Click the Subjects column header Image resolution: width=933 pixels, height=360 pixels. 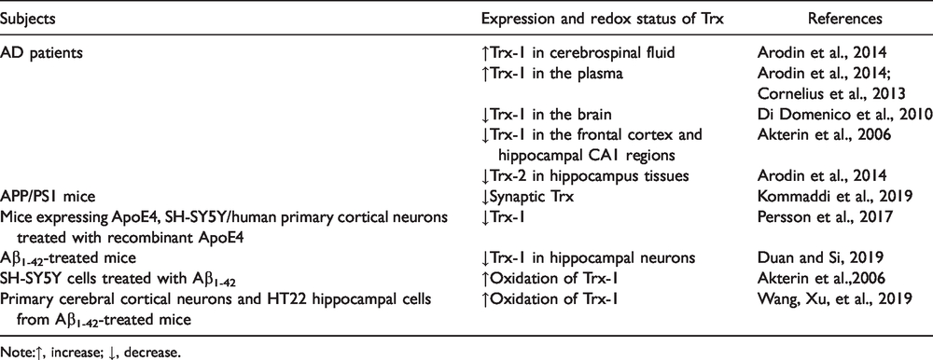27,19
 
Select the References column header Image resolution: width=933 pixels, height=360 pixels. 844,19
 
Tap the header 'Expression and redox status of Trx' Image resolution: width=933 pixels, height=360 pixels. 602,19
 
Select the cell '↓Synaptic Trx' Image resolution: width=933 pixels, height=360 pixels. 528,197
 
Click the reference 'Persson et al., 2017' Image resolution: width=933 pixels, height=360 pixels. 824,217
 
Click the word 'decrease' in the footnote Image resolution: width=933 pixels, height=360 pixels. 156,353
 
